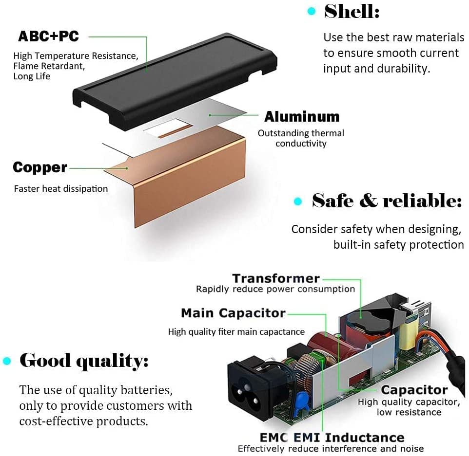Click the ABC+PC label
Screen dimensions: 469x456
(x=48, y=36)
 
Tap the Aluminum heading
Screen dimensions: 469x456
(x=302, y=116)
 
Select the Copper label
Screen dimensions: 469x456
(x=40, y=167)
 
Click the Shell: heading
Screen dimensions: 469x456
(x=352, y=12)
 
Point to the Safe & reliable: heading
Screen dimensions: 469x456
(x=387, y=201)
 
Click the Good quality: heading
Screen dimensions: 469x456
(x=84, y=361)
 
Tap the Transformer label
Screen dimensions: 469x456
(x=276, y=278)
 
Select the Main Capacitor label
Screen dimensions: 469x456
(x=234, y=313)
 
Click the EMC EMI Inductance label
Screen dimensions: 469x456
(x=332, y=438)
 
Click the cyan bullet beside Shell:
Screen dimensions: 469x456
(x=312, y=11)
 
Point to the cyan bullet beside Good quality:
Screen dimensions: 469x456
(x=7, y=361)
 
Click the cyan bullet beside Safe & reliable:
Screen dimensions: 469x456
(x=298, y=201)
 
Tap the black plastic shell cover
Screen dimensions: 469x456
(x=175, y=82)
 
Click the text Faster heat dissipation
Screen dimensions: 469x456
(x=61, y=189)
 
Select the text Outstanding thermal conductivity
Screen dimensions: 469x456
(x=301, y=138)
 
